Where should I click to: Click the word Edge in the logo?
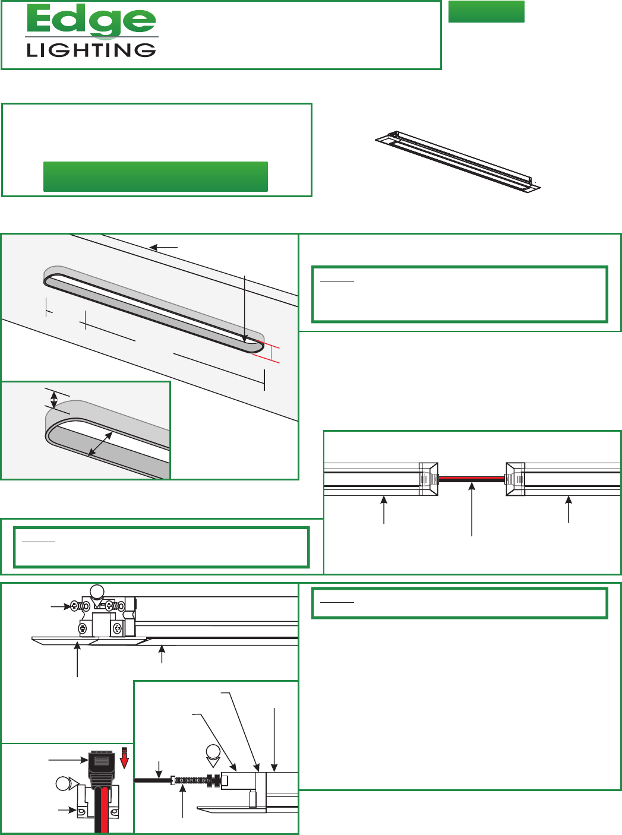coord(91,21)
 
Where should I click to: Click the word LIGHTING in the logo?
coord(91,50)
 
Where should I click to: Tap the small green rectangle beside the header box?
coord(486,11)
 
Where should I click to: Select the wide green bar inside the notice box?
coord(155,176)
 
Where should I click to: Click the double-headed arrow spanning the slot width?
coord(100,444)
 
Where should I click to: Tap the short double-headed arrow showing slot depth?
coord(54,400)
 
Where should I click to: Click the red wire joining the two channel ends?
coord(472,479)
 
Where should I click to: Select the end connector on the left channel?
coord(429,479)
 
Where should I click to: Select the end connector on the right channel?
coord(515,479)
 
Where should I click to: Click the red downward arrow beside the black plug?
coord(124,758)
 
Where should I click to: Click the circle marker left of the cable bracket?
coord(64,784)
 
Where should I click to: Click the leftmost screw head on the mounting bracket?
coord(75,606)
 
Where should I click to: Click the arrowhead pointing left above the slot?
coord(153,247)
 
